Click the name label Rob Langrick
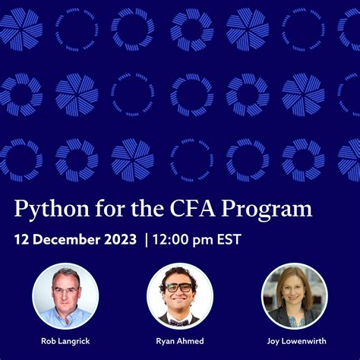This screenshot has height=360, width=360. pyautogui.click(x=65, y=341)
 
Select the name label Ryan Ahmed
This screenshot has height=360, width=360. pyautogui.click(x=179, y=341)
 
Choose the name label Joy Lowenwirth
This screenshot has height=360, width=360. pyautogui.click(x=294, y=341)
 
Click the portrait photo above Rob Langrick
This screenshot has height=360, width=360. pyautogui.click(x=65, y=295)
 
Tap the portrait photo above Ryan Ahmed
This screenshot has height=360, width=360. pyautogui.click(x=179, y=295)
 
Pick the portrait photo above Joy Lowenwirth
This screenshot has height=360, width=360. pyautogui.click(x=294, y=295)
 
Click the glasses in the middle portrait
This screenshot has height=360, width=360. pyautogui.click(x=179, y=287)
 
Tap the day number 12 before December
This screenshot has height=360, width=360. pyautogui.click(x=23, y=239)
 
